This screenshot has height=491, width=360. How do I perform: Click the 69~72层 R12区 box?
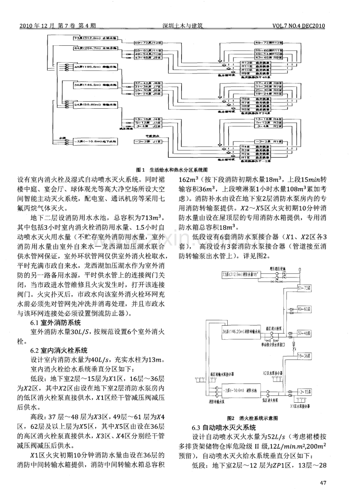[268, 41]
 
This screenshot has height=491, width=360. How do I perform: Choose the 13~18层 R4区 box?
[268, 118]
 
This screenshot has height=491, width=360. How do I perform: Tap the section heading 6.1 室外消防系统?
[56, 323]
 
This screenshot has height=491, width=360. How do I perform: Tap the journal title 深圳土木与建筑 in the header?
[184, 26]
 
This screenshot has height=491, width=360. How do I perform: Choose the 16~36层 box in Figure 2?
[303, 357]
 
